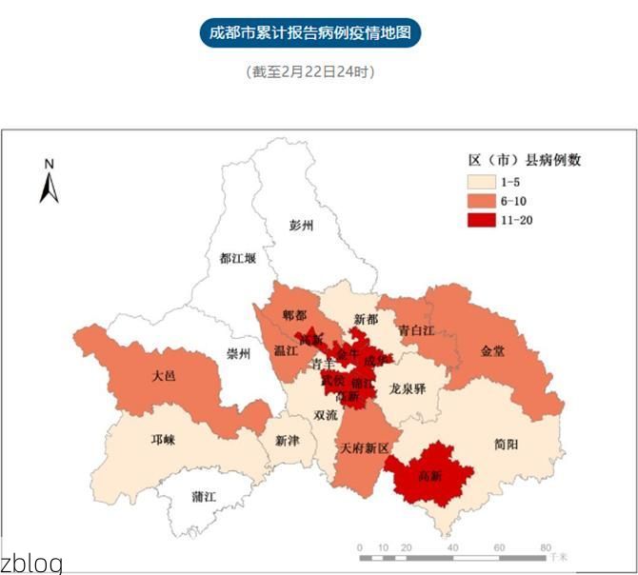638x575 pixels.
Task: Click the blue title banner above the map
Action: click(310, 32)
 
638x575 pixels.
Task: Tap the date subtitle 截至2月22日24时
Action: click(310, 71)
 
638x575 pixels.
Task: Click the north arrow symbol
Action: click(50, 182)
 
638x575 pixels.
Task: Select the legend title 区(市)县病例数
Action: click(524, 160)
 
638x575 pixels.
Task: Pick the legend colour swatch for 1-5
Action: click(480, 181)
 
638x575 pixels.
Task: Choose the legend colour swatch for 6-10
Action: click(480, 201)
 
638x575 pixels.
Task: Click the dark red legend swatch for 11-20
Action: click(480, 220)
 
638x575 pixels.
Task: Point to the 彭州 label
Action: click(302, 226)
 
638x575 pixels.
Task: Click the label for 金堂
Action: click(493, 350)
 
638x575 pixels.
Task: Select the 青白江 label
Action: click(416, 330)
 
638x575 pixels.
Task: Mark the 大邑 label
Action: click(164, 376)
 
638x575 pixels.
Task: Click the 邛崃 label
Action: click(164, 440)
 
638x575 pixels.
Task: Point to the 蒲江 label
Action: click(204, 497)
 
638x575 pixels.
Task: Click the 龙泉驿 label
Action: click(408, 388)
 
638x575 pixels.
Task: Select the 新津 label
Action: click(287, 441)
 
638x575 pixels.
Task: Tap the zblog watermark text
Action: click(31, 563)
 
